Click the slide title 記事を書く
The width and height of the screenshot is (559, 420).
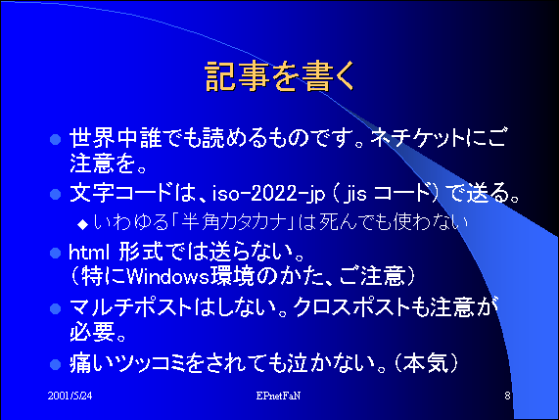pos(280,76)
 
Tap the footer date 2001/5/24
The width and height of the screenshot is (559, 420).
pos(70,396)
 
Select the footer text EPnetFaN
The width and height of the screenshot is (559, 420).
pos(278,396)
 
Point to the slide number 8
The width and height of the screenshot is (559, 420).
pos(507,396)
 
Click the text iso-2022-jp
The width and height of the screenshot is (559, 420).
pos(269,194)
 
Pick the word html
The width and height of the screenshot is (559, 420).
pos(89,253)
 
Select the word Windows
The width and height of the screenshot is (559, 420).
pos(167,276)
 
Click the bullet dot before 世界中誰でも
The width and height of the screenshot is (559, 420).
pos(55,139)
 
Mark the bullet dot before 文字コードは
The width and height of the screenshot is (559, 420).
pos(55,195)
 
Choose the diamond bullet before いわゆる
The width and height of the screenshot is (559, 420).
pos(82,224)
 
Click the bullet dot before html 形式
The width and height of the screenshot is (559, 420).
pos(55,254)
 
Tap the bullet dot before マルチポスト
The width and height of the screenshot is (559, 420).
pos(55,308)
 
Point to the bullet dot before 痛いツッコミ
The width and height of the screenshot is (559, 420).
pos(55,364)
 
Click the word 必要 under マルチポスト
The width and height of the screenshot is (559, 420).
pos(92,332)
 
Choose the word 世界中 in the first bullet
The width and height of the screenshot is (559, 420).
pos(104,138)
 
